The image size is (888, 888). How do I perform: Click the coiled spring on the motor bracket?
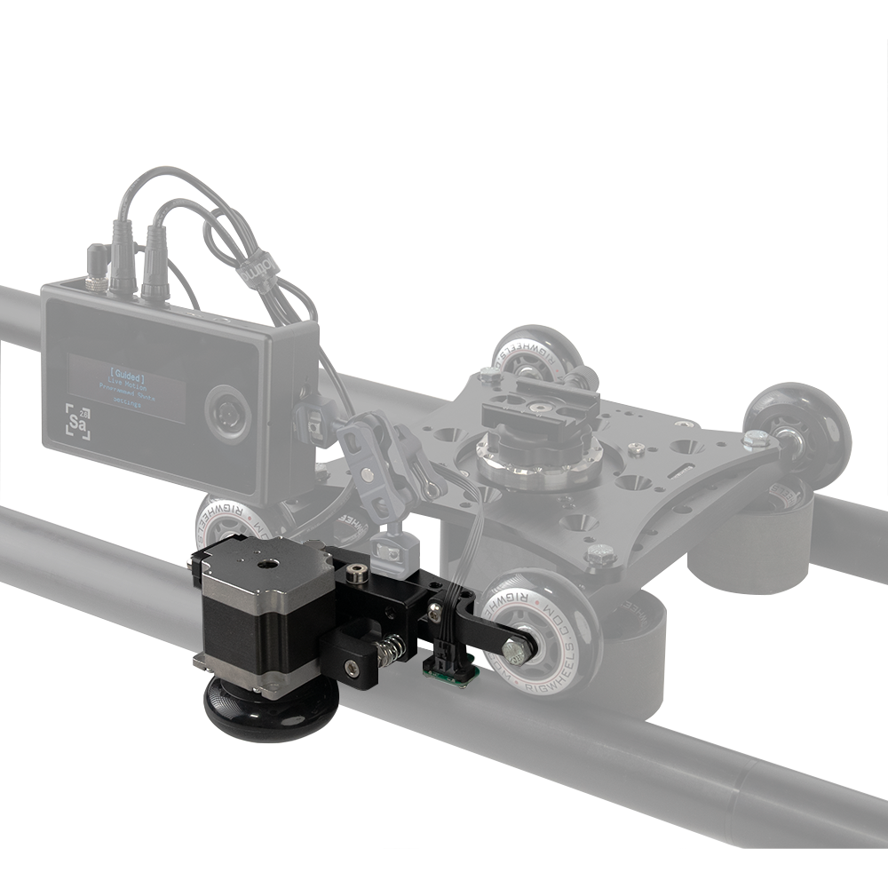pos(388,653)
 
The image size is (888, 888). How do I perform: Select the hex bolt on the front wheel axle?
pos(512,651)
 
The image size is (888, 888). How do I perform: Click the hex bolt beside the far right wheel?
pos(755,438)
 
